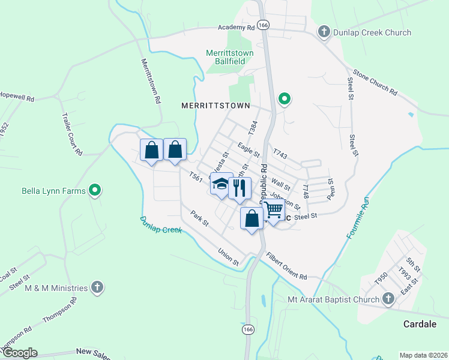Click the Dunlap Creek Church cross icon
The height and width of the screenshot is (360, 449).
(x=324, y=32)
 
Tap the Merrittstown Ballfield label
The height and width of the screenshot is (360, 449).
(x=230, y=57)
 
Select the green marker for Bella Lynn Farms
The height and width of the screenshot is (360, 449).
(x=94, y=191)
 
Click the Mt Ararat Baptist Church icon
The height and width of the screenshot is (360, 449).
(x=388, y=299)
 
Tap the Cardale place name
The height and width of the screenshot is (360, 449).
(x=420, y=324)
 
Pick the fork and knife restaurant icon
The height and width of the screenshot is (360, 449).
(x=240, y=188)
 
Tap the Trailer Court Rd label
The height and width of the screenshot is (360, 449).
(x=71, y=135)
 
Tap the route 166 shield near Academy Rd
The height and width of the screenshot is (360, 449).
(x=264, y=25)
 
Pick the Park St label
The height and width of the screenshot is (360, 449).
(x=199, y=218)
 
